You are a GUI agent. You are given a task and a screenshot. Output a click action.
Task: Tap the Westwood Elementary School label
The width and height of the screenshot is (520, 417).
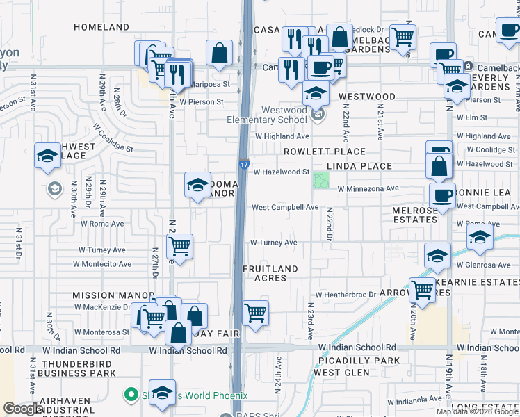tap(267, 115)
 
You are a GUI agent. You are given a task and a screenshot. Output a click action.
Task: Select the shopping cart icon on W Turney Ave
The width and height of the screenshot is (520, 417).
tap(180, 246)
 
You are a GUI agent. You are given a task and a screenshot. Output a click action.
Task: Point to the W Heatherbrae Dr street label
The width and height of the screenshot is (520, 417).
tap(346, 295)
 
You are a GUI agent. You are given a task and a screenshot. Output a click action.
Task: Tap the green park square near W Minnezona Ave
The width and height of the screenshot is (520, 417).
tap(320, 181)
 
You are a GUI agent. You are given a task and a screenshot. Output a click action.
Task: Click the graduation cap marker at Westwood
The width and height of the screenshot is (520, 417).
tap(316, 92)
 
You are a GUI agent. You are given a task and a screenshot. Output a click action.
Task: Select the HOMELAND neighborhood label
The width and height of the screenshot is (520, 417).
tap(101, 27)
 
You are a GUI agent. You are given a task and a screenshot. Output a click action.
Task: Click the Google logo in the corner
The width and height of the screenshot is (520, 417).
tap(22, 409)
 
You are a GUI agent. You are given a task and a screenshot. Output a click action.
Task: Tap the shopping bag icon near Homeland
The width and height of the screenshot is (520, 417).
tap(219, 52)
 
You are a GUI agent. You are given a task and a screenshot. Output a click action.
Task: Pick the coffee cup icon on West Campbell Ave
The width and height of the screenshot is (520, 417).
tap(442, 196)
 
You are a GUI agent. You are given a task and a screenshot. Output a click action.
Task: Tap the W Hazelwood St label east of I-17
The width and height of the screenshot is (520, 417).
tap(282, 172)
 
